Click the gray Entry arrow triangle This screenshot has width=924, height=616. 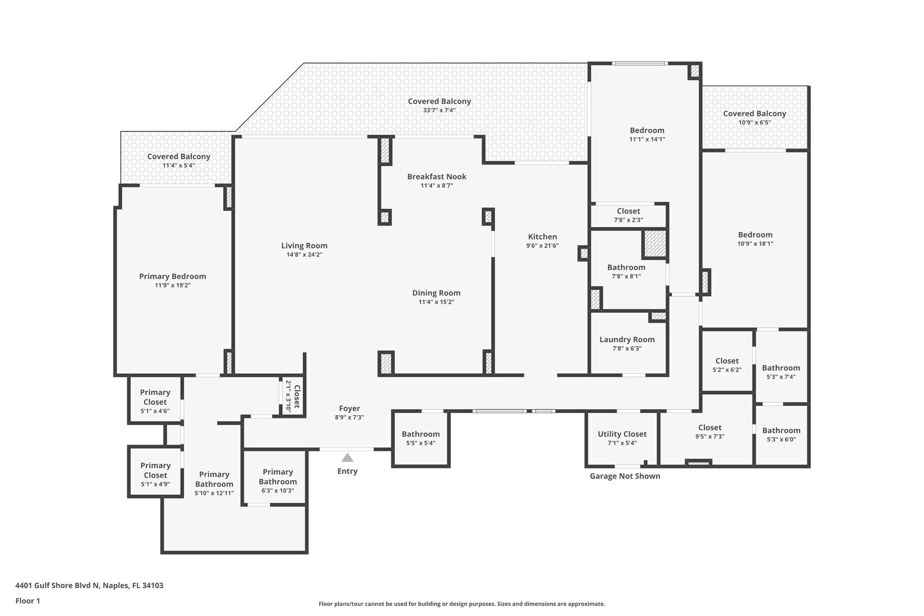(347, 458)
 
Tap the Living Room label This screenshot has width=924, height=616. (304, 245)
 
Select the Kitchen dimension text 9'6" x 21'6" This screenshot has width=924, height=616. (542, 246)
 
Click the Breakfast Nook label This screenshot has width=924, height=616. (437, 176)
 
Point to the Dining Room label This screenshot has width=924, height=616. (436, 293)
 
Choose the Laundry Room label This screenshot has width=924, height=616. (627, 340)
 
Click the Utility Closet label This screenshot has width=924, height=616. (622, 434)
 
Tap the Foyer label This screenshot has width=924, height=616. (349, 409)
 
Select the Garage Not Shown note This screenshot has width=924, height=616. (625, 476)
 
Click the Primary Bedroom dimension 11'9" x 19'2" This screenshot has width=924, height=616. (173, 285)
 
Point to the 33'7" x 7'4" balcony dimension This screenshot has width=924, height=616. (439, 110)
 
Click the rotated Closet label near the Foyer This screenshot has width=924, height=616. (297, 396)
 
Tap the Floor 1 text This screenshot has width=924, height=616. (28, 601)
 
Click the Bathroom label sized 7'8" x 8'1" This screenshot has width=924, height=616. (626, 267)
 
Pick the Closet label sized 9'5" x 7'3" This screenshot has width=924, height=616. (710, 427)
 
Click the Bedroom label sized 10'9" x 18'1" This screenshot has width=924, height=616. (755, 235)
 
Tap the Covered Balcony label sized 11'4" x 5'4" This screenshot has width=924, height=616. (179, 157)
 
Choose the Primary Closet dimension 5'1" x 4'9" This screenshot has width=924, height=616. (155, 485)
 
